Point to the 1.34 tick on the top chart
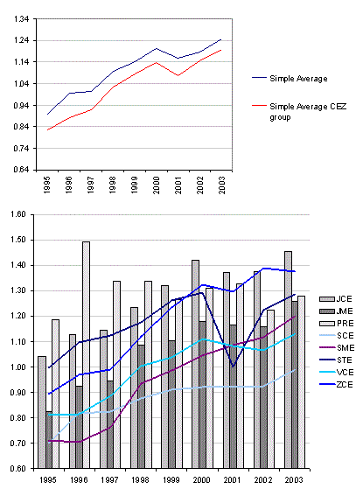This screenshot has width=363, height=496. pos(21,19)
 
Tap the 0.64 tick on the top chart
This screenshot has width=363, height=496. pos(21,170)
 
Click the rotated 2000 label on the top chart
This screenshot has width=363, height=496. pos(156,185)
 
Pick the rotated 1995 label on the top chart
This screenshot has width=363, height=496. pos(47,185)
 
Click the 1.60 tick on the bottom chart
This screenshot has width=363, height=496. pos(18,214)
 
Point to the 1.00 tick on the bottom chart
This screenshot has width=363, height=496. pos(18,367)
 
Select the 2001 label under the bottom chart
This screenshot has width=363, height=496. pos(232,480)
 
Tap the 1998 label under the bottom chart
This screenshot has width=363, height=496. pos(140,480)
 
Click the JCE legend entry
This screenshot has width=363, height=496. pos(336,299)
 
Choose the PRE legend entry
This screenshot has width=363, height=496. pos(337,324)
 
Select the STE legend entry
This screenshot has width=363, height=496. pos(336,360)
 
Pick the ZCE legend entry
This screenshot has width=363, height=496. pos(336,384)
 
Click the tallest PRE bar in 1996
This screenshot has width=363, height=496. pos(86,355)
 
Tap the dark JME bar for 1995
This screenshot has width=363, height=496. pos(49,440)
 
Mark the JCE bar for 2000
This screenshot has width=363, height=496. pos(195,364)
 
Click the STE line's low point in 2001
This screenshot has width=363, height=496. pos(233,367)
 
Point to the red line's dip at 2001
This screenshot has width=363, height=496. pos(178,75)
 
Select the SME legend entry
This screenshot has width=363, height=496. pos(337,347)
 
